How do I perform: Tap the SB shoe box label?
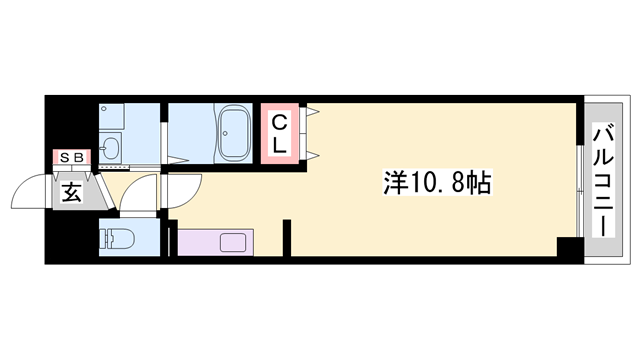tap(72, 156)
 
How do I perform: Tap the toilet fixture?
tap(117, 240)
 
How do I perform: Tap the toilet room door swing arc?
tap(140, 195)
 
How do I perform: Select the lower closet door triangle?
tap(313, 154)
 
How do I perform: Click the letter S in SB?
tap(65, 156)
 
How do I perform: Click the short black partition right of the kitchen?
tap(287, 240)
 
